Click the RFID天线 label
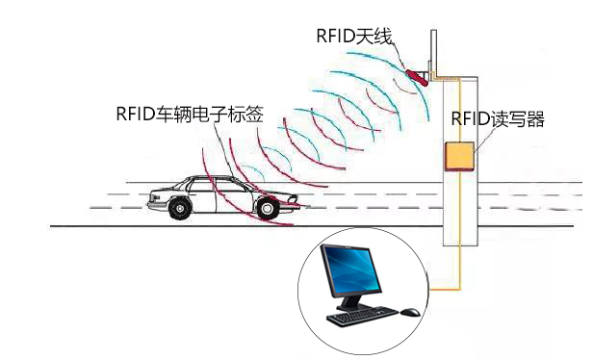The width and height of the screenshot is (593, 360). point(357,36)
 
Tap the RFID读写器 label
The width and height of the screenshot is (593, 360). point(498,119)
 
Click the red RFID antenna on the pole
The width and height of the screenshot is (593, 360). point(417,72)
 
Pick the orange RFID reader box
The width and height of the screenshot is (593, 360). point(458,157)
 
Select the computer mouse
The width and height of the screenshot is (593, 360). point(409,312)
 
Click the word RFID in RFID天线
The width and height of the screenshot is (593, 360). point(336,36)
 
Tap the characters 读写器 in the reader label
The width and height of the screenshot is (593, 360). point(519,119)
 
